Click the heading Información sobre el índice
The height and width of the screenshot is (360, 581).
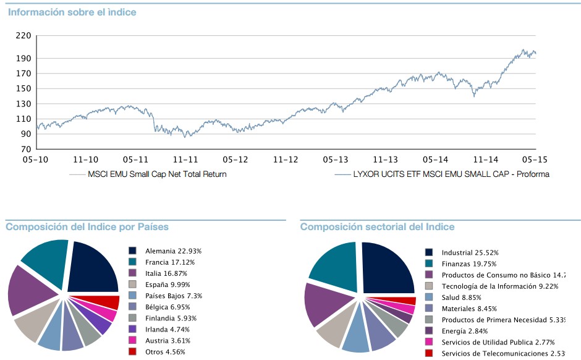(72, 12)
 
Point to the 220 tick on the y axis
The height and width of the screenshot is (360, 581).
(23, 36)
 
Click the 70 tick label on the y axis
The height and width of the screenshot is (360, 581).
(25, 150)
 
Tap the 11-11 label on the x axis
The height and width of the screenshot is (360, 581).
(185, 160)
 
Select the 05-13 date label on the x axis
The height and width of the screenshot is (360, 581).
(334, 160)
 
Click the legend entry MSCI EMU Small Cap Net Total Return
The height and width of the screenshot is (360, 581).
(157, 174)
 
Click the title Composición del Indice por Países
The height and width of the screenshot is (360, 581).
(87, 227)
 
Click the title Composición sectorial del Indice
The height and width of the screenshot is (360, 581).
(377, 227)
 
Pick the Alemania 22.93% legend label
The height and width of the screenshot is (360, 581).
(173, 251)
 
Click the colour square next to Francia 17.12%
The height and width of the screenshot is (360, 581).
(132, 262)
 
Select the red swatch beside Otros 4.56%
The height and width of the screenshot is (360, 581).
(132, 352)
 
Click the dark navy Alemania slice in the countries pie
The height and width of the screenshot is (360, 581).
(94, 267)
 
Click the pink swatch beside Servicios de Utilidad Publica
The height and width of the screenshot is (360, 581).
(429, 342)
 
